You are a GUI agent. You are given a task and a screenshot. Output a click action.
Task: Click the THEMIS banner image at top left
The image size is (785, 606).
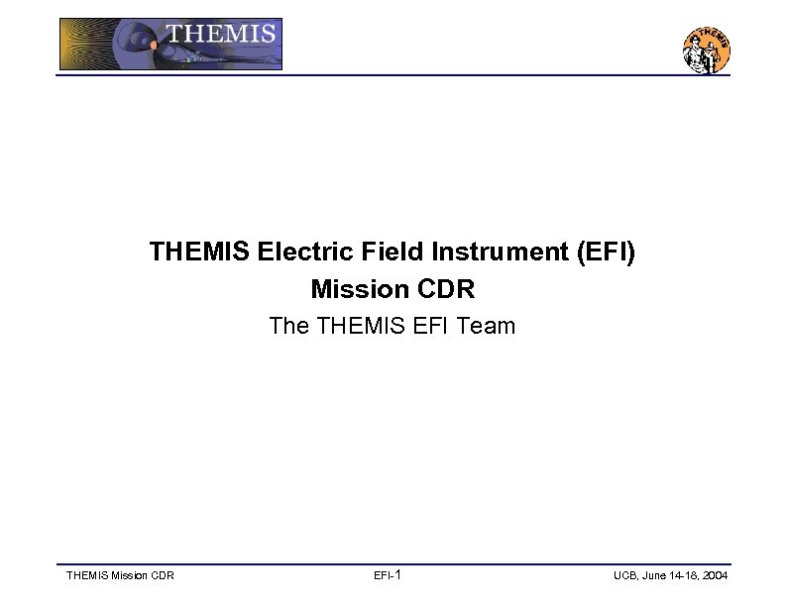pyautogui.click(x=170, y=45)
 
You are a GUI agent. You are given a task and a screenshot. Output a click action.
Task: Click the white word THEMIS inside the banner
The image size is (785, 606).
pyautogui.click(x=220, y=34)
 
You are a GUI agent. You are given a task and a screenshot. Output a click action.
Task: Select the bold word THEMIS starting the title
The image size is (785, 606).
pyautogui.click(x=200, y=252)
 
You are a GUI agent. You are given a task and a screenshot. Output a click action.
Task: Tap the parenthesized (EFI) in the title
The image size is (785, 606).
pyautogui.click(x=606, y=252)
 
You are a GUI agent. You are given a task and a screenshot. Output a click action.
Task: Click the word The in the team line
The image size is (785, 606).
pyautogui.click(x=289, y=326)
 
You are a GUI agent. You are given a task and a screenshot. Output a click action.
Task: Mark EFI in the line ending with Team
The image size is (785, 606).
pyautogui.click(x=428, y=326)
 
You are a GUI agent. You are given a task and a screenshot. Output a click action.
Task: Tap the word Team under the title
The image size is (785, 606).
pyautogui.click(x=486, y=326)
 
